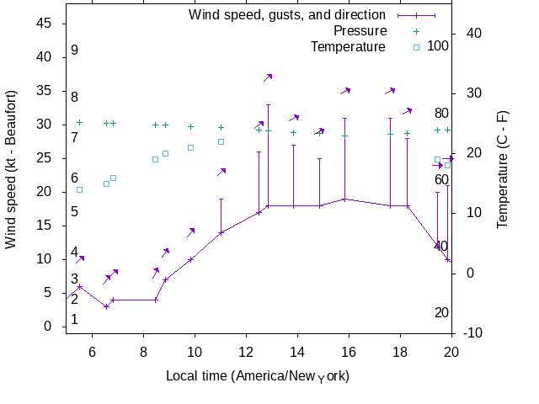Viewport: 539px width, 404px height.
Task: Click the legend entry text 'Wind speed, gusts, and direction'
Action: coord(287,15)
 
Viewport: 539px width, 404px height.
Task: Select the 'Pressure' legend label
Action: coord(348,31)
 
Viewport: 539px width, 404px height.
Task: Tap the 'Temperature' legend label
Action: coord(348,47)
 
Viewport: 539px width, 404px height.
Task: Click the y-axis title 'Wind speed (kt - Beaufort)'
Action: coord(11,168)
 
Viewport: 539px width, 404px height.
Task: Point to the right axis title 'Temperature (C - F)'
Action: coord(502,168)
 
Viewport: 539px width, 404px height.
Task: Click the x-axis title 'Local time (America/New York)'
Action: coord(258,375)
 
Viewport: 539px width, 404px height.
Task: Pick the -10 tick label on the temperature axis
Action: coord(473,333)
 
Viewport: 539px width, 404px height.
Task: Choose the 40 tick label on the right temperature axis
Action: coord(473,34)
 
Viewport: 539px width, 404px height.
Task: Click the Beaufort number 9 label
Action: coord(74,50)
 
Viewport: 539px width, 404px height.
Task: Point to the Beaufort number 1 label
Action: coord(74,320)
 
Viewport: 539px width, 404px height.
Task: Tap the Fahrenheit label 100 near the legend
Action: coord(438,45)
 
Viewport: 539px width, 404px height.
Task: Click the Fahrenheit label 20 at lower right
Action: coord(441,313)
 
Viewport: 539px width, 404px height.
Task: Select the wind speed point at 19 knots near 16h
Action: coord(344,199)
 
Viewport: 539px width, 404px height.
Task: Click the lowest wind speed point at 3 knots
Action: coord(106,306)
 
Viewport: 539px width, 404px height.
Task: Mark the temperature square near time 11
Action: coord(221,141)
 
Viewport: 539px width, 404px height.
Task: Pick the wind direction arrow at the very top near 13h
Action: coord(268,77)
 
